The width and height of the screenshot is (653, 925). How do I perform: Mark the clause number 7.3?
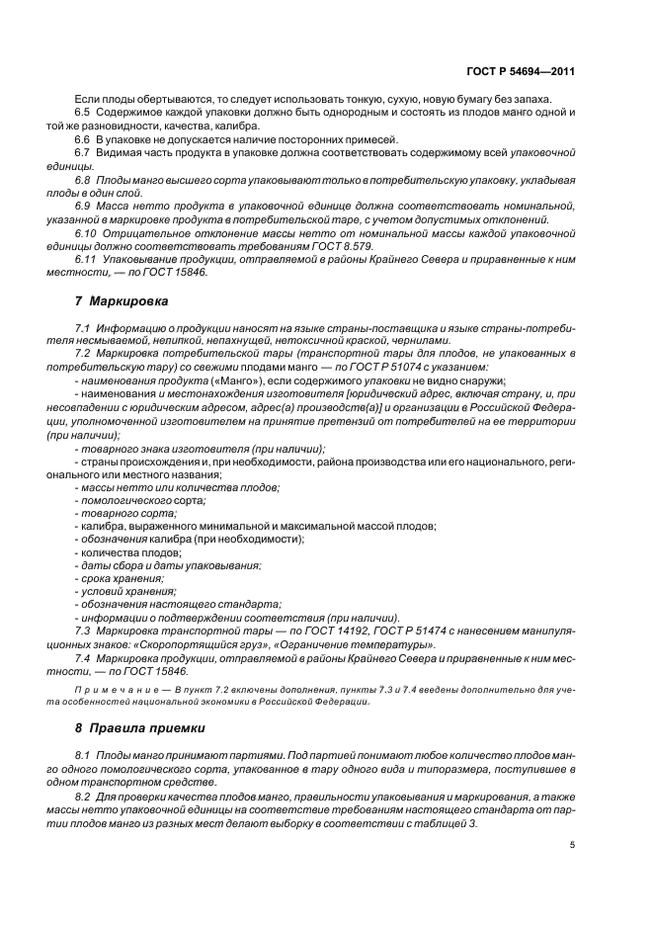click(83, 629)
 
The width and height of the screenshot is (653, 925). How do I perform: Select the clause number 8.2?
click(83, 795)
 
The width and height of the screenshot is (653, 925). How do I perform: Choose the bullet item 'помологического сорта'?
click(128, 500)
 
